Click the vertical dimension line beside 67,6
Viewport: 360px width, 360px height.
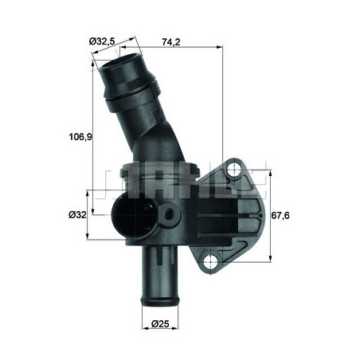[x=270, y=215]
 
